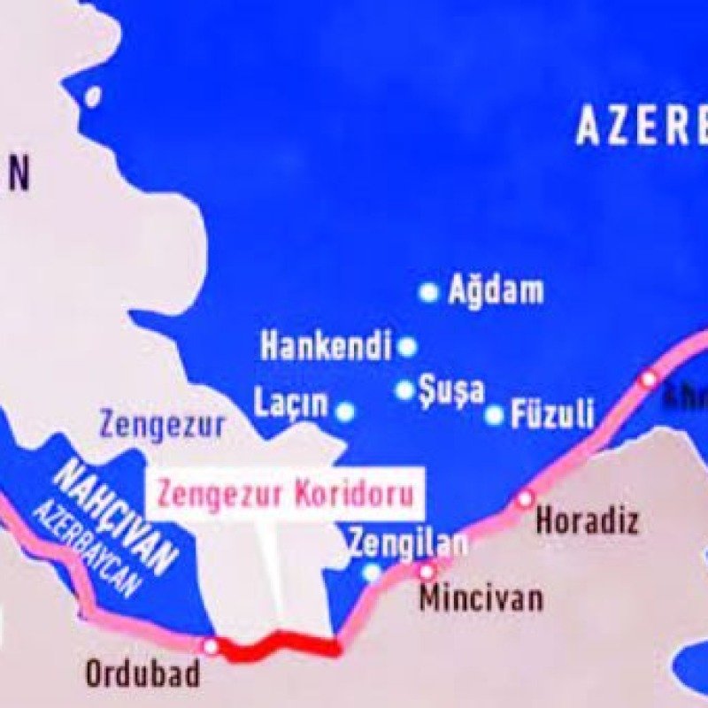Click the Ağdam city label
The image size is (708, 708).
[496, 290]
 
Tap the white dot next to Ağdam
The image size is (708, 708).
[429, 291]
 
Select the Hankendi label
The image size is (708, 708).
[326, 346]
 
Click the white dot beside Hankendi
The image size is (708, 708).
[407, 347]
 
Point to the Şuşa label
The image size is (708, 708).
[452, 389]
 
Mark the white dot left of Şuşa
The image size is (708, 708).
[404, 389]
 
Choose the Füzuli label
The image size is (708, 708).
[552, 414]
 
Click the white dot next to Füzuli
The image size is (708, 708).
[495, 414]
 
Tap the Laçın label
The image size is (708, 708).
[292, 404]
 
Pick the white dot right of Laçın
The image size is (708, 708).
[345, 412]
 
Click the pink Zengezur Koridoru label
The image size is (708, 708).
[285, 493]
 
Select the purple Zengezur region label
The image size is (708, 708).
[162, 425]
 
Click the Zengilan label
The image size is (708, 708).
[407, 542]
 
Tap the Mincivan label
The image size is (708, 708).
[481, 598]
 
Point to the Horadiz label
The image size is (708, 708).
[587, 520]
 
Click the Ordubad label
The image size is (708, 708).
[142, 674]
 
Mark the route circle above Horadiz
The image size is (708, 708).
[526, 498]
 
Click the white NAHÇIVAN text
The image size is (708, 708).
[115, 518]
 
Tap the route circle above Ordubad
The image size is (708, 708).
[211, 647]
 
